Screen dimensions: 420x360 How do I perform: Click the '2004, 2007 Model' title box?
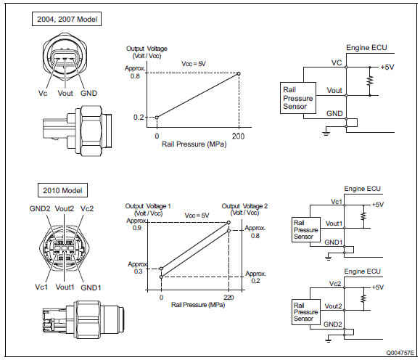(x=67, y=19)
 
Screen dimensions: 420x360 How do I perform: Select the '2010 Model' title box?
(x=62, y=190)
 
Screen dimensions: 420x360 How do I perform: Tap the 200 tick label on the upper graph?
(x=238, y=136)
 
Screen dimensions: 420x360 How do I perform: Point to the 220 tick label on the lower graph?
(x=228, y=298)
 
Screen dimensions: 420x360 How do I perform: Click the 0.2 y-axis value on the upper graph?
(x=139, y=117)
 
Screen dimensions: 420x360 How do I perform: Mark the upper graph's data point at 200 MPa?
(x=239, y=73)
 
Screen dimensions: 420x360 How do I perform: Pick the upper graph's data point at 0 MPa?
(x=157, y=117)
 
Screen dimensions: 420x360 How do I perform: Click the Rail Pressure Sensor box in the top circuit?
(x=298, y=98)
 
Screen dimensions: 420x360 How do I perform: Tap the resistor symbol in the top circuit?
(x=370, y=81)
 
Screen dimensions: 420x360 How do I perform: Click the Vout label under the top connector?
(x=65, y=94)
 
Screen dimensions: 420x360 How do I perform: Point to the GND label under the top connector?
(x=89, y=94)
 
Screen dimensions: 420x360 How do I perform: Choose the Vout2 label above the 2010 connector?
(x=65, y=208)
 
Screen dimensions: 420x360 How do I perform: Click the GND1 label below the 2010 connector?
(x=91, y=287)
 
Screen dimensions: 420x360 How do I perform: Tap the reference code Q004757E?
(x=400, y=353)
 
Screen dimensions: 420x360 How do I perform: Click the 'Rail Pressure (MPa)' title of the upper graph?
(x=194, y=144)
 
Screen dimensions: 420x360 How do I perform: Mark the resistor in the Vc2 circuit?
(x=363, y=298)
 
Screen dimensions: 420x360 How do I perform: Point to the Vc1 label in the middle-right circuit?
(x=337, y=202)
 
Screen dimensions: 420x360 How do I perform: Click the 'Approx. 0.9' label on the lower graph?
(x=136, y=224)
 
